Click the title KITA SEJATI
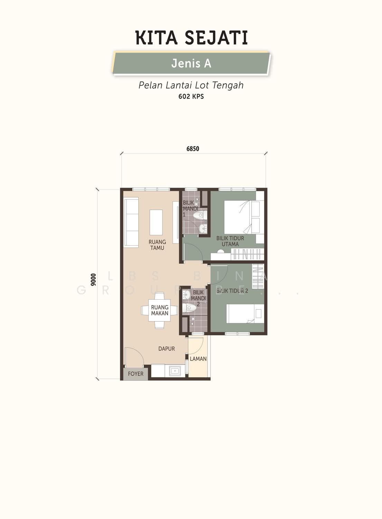pyautogui.click(x=192, y=37)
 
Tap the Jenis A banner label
pyautogui.click(x=191, y=63)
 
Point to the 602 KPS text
pyautogui.click(x=191, y=97)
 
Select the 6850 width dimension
pyautogui.click(x=193, y=148)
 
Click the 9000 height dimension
pyautogui.click(x=93, y=280)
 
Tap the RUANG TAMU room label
pyautogui.click(x=157, y=245)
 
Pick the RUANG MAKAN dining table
pyautogui.click(x=159, y=310)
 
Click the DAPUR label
pyautogui.click(x=167, y=348)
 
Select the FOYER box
pyautogui.click(x=136, y=374)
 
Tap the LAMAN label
pyautogui.click(x=198, y=359)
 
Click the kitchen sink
pyautogui.click(x=175, y=371)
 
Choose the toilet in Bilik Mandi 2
pyautogui.click(x=189, y=308)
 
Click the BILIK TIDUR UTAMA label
pyautogui.click(x=230, y=241)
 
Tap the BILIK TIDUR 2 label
pyautogui.click(x=232, y=291)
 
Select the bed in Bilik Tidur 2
pyautogui.click(x=245, y=314)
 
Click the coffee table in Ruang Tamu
pyautogui.click(x=156, y=222)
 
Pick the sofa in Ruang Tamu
pyautogui.click(x=131, y=222)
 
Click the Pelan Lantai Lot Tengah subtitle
pyautogui.click(x=191, y=85)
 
